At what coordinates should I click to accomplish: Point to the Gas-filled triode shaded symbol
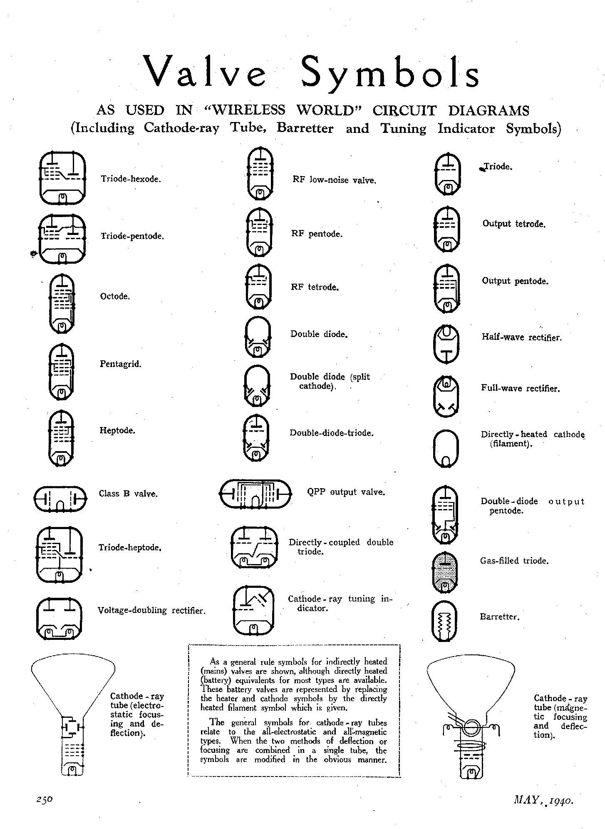445,572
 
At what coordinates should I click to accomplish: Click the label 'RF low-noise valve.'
335,180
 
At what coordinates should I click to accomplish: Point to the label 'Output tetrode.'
514,224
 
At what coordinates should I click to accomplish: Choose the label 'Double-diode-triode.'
332,433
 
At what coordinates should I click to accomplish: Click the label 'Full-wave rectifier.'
521,388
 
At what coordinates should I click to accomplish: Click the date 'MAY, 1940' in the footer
544,799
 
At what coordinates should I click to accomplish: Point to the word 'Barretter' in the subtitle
305,128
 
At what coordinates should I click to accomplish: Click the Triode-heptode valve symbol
60,555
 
